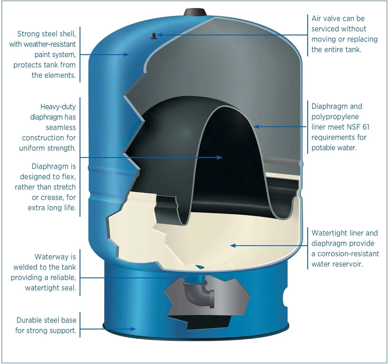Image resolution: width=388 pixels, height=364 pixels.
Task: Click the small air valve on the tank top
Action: coord(154,36)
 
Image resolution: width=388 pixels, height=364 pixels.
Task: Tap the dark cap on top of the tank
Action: coord(195,12)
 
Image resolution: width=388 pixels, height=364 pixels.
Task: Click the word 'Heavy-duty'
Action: coord(58,107)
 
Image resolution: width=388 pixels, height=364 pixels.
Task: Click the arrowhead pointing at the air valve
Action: coord(160,35)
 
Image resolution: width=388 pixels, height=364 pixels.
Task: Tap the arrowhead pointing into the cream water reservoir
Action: coord(233,245)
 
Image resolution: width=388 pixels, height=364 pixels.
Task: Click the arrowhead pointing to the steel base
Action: coord(133,329)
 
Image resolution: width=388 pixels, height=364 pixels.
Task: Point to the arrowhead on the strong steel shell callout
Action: coord(126,55)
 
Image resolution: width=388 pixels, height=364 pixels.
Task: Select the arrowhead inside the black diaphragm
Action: coord(220,157)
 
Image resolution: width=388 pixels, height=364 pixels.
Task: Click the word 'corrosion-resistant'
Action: coord(348,254)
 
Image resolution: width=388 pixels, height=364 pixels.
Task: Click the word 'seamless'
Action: coord(61,127)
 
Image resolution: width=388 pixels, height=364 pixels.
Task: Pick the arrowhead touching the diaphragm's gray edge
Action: coord(256,127)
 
